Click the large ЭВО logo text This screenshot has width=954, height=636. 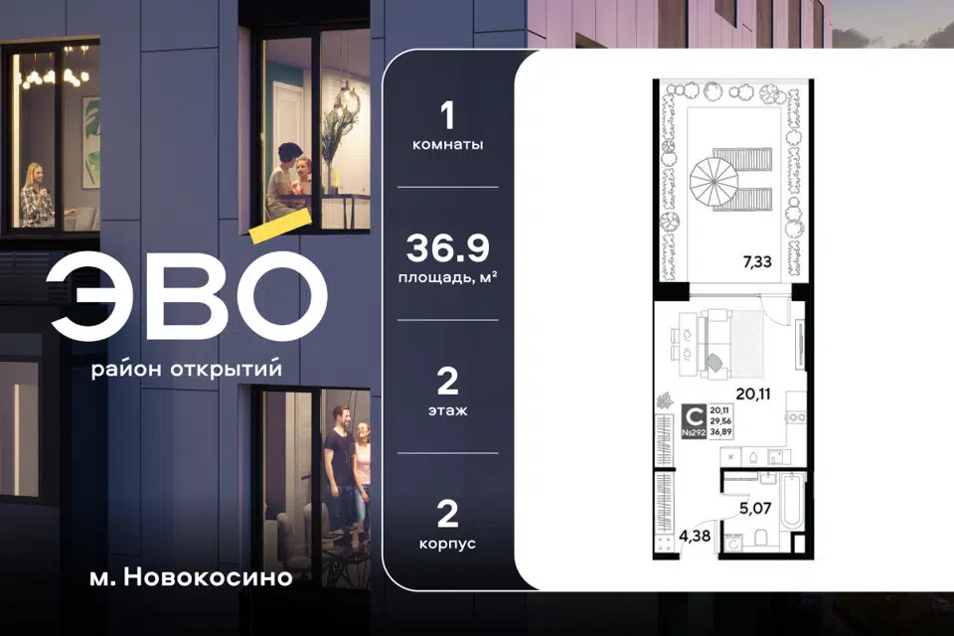[x=189, y=295]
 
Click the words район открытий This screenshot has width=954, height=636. [x=187, y=369]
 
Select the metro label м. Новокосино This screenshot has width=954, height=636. [x=191, y=577]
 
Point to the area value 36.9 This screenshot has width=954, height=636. [x=448, y=247]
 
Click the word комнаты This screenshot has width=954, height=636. [x=448, y=145]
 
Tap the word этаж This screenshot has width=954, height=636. [x=448, y=410]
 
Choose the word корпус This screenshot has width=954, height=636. [x=448, y=544]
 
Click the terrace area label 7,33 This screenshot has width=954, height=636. [x=757, y=261]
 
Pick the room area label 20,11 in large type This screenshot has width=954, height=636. [x=753, y=394]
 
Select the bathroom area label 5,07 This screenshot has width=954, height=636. [x=755, y=508]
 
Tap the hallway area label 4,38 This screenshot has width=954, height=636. [x=695, y=537]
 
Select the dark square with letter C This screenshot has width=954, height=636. [x=694, y=416]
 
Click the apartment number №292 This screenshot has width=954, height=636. [x=694, y=432]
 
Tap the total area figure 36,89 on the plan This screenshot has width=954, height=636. [x=721, y=432]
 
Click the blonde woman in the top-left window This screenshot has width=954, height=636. [x=37, y=196]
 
